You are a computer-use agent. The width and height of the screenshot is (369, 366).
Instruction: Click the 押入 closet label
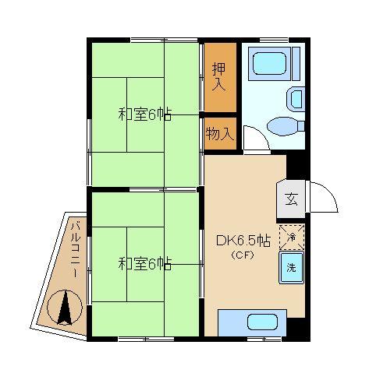219,76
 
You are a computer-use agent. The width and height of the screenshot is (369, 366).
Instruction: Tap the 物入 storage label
220,134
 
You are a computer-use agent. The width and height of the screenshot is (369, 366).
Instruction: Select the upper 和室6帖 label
145,114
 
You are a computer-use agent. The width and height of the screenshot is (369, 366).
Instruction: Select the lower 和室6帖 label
145,264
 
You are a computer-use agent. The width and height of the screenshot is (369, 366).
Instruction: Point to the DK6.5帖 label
243,241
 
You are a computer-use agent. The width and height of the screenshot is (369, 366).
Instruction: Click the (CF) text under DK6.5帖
243,255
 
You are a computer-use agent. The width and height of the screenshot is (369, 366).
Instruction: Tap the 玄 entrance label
291,199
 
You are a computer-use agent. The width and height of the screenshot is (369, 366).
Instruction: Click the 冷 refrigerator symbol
292,237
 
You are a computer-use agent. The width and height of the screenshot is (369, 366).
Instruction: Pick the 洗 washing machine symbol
292,267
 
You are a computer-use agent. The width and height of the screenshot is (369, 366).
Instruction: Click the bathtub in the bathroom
269,64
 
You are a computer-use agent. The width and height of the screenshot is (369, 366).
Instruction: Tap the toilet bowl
282,126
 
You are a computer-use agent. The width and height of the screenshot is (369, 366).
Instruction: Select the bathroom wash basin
296,99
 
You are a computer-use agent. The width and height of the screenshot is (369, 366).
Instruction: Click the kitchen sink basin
262,322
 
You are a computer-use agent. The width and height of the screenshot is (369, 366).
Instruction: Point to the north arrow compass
65,308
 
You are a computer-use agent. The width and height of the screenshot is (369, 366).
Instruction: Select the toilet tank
301,126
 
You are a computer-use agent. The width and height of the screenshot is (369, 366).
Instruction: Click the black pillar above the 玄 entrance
298,167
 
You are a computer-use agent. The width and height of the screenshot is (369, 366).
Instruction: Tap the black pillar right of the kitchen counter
298,329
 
